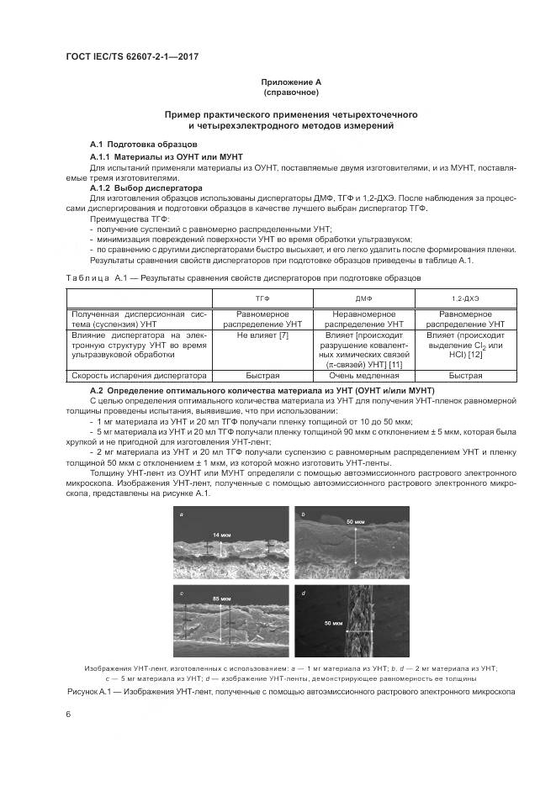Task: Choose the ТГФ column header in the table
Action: tap(262, 298)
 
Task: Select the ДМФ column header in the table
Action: tap(365, 298)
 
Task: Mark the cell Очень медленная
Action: tap(365, 376)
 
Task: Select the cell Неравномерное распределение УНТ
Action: tap(365, 318)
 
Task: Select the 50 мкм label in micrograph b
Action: tap(354, 522)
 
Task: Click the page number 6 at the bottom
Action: tap(67, 714)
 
